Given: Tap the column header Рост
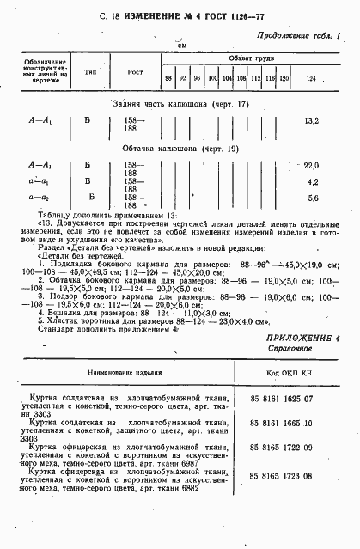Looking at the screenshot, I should click(x=135, y=72).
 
